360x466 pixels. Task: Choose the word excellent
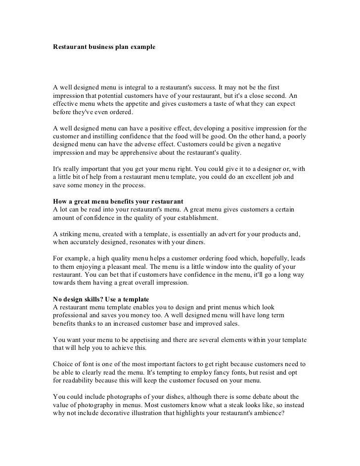point(246,177)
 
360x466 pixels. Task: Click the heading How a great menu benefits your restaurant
point(118,202)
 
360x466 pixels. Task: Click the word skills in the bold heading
point(92,299)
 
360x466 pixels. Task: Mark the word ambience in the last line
point(264,413)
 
